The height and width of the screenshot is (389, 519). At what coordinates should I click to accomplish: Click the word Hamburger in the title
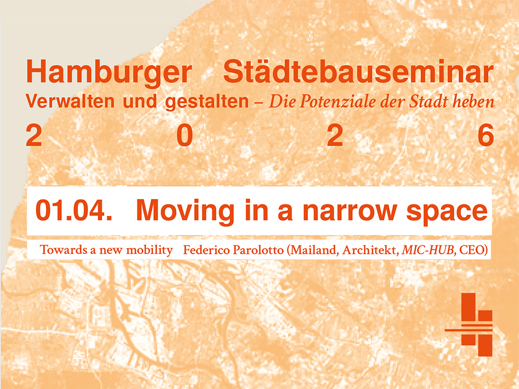(x=108, y=72)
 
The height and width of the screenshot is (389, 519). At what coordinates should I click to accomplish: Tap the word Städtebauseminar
(x=358, y=72)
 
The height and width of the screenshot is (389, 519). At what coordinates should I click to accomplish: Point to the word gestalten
(x=207, y=102)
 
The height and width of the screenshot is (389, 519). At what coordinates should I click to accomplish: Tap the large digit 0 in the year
(x=185, y=136)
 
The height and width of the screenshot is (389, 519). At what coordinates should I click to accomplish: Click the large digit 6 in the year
(x=486, y=136)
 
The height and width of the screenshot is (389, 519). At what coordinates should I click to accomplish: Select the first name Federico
(x=204, y=250)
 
